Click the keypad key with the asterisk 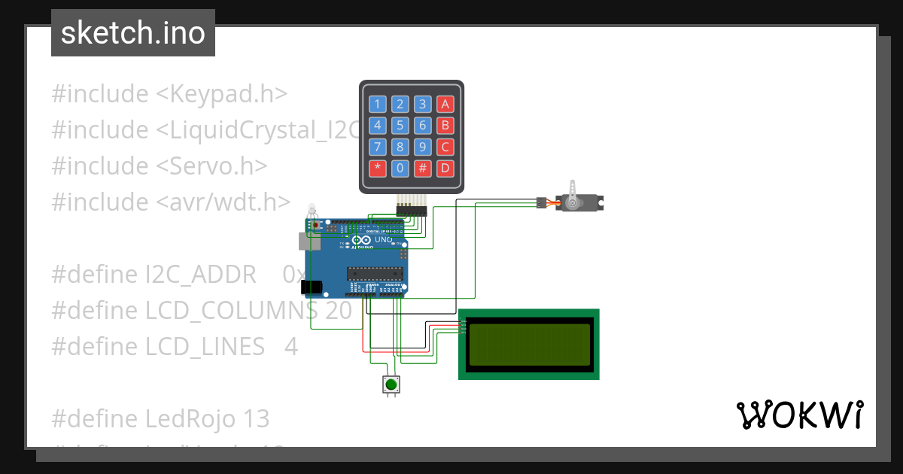(x=378, y=169)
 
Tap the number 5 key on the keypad (x=400, y=126)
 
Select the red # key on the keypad (x=423, y=169)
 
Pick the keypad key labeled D (x=445, y=169)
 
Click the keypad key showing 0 (x=400, y=169)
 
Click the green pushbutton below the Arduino (x=391, y=385)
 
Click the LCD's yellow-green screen (x=528, y=345)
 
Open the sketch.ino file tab (x=133, y=33)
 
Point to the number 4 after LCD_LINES (x=291, y=347)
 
